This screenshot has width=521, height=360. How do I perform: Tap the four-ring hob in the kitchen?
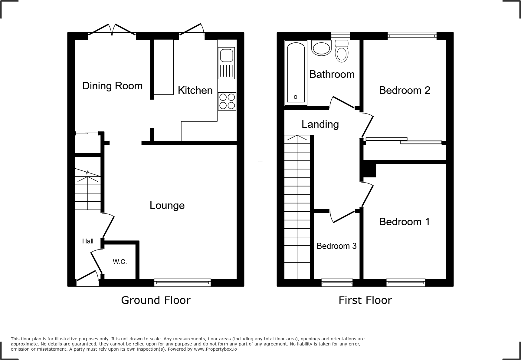tap(227, 101)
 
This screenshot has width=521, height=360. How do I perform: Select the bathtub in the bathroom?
tap(296, 73)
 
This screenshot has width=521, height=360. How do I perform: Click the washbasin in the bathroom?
tap(322, 48)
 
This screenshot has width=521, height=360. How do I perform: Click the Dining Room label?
tap(112, 86)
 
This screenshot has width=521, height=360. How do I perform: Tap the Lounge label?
tap(167, 206)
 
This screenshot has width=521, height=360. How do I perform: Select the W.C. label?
tap(120, 262)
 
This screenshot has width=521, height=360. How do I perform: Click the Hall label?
tap(88, 241)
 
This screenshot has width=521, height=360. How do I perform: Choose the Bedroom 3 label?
tap(336, 246)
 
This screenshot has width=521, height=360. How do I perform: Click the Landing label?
tap(320, 124)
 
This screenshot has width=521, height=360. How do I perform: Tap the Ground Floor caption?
tap(156, 300)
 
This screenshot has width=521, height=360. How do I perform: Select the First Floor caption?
tap(365, 300)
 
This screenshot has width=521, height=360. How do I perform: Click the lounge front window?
tap(182, 283)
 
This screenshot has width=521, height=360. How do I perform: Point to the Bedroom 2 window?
tap(412, 36)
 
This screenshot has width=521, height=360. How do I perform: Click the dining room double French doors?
tap(112, 30)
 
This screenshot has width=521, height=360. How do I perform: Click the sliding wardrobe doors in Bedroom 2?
tap(404, 141)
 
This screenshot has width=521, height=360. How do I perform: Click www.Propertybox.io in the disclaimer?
tap(215, 349)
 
